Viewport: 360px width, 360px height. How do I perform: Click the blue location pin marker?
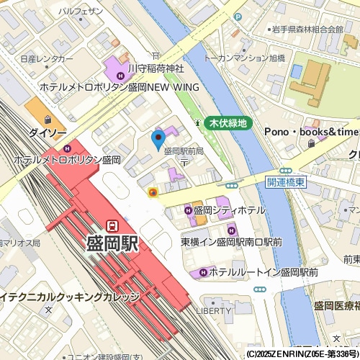pos(158,138)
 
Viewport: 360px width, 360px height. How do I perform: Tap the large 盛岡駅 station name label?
pos(112,243)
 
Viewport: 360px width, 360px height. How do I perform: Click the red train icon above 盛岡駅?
pos(112,225)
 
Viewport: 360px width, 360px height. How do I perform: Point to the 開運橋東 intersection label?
pos(287,183)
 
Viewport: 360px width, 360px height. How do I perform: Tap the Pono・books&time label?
pos(311,132)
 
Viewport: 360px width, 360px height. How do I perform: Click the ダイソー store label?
pos(48,132)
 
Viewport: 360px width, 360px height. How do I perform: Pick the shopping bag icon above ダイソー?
pos(48,120)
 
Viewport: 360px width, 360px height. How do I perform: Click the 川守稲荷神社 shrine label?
pos(156,68)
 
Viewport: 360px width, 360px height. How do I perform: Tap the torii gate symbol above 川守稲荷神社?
pos(156,55)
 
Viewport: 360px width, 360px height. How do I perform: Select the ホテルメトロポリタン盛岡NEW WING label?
pos(119,86)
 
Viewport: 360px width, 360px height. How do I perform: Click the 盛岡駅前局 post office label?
pos(184,151)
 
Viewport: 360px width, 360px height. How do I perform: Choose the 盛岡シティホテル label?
pos(229,210)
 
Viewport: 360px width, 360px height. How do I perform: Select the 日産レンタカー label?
pos(47,58)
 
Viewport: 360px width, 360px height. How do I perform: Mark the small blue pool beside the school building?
pos(296,71)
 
